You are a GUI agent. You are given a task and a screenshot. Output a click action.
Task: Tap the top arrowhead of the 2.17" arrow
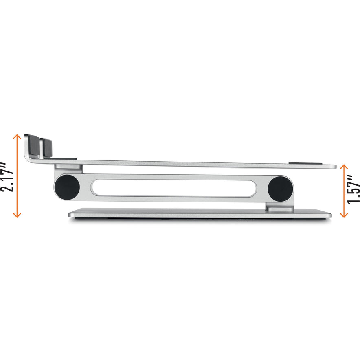[x=17, y=136]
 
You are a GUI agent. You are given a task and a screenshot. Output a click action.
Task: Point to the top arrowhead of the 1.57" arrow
[x=344, y=166]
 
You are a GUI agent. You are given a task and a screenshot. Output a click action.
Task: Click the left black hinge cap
[x=67, y=187]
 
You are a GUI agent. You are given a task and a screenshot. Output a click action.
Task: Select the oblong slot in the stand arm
[x=174, y=188]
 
